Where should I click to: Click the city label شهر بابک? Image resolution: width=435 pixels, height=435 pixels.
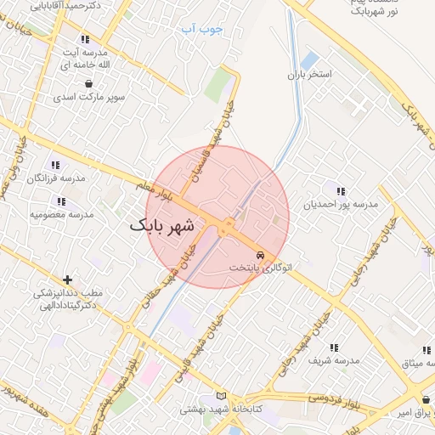pyautogui.click(x=162, y=227)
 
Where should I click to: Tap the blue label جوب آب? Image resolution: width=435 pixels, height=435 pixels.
pyautogui.click(x=202, y=29)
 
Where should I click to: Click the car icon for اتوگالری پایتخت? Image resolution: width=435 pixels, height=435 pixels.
pyautogui.click(x=260, y=255)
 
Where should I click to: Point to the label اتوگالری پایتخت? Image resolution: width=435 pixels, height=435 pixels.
pyautogui.click(x=260, y=268)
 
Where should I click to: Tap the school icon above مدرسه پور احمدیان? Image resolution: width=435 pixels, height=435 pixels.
pyautogui.click(x=341, y=192)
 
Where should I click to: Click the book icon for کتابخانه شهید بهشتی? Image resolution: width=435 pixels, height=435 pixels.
pyautogui.click(x=222, y=397)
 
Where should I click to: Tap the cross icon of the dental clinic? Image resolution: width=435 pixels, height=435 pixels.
pyautogui.click(x=67, y=280)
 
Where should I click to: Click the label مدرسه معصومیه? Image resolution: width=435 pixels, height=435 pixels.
pyautogui.click(x=61, y=214)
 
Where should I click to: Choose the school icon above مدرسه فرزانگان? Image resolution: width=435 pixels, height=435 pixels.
pyautogui.click(x=55, y=165)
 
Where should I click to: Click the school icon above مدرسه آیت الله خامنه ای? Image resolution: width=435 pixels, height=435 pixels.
pyautogui.click(x=84, y=39)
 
